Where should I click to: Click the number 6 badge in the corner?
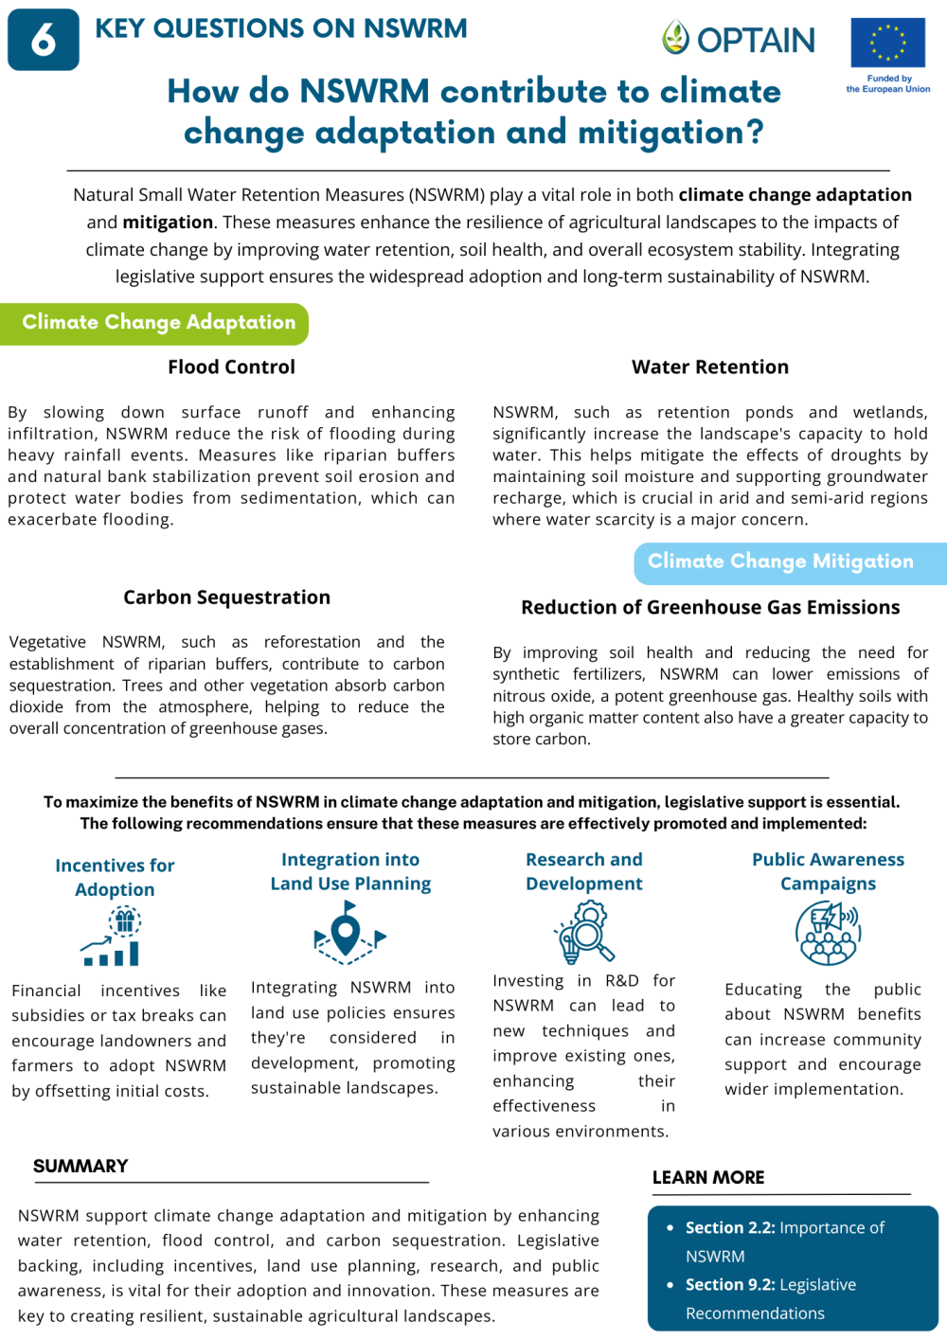coord(44,40)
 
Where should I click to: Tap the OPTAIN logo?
coord(739,39)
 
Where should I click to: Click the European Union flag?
coord(887,43)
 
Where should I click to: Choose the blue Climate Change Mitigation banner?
coord(786,562)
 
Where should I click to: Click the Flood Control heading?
coord(231,367)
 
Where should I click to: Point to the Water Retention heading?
coord(709,367)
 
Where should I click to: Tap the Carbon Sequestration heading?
coord(226,598)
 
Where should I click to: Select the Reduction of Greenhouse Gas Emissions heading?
coord(710,608)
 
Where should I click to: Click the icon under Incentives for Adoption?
coord(114,937)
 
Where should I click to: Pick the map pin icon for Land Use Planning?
coord(348,929)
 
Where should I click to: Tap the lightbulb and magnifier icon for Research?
coord(584,932)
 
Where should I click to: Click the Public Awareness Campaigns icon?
coord(828,932)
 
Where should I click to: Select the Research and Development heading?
coord(583,871)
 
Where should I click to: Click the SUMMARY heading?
coord(80,1167)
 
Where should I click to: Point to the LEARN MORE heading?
coord(708,1178)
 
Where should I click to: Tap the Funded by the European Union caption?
coord(888,84)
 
